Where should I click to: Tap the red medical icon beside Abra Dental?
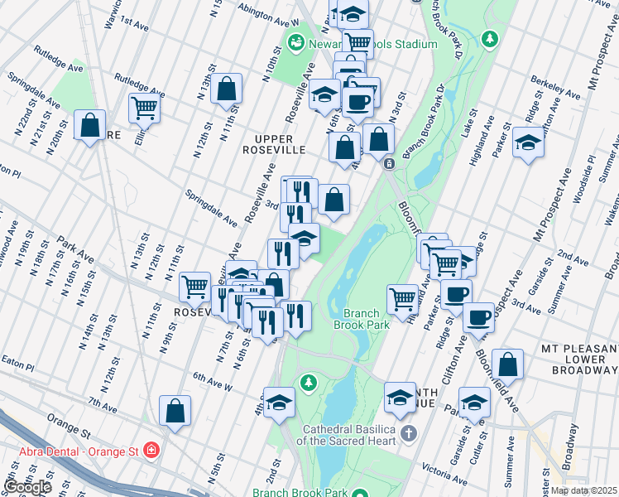pos(151,451)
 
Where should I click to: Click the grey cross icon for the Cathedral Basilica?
pos(407,433)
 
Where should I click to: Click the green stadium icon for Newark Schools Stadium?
pos(295,41)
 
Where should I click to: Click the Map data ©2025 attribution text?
pos(584,490)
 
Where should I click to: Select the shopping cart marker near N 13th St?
pos(144,107)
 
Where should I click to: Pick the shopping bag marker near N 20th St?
pos(89,125)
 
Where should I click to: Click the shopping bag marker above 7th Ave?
pos(175,411)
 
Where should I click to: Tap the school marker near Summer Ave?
pos(528,142)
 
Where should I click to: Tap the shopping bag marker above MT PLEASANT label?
pos(507,364)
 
